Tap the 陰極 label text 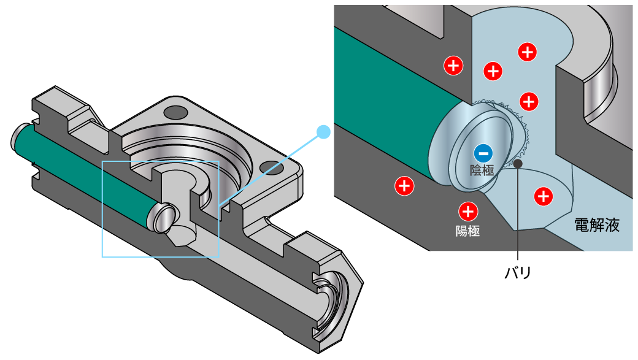(x=482, y=170)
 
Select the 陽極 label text (x=467, y=231)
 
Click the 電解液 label (x=596, y=224)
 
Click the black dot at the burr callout (x=518, y=163)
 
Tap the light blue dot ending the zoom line (x=323, y=131)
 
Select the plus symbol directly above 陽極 (x=468, y=212)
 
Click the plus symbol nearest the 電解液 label (x=543, y=196)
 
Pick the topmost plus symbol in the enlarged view (x=527, y=52)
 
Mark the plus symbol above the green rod (x=453, y=65)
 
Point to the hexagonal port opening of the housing (x=335, y=301)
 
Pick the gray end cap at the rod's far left (x=18, y=136)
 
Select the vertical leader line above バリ (x=518, y=215)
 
